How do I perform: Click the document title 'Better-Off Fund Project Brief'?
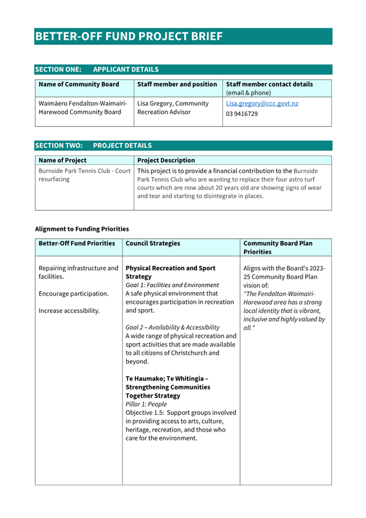tap(129, 36)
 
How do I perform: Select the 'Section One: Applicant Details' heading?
tap(97, 69)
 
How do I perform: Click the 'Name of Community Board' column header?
tap(79, 85)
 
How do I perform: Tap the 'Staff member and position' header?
tap(177, 85)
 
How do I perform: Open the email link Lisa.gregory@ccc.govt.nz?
tap(262, 104)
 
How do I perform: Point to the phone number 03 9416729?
tap(242, 114)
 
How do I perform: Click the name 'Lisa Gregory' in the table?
tap(157, 104)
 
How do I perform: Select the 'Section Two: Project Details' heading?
tap(93, 145)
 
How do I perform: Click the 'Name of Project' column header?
tap(62, 161)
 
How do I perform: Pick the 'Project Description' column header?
tap(166, 161)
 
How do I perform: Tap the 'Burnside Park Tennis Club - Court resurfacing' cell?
tap(84, 175)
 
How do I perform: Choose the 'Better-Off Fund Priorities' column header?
tap(77, 244)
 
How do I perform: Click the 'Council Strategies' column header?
tap(153, 244)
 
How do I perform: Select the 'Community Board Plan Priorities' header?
tap(278, 247)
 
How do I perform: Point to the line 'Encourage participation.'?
tap(74, 293)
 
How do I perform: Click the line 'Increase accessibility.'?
tap(69, 311)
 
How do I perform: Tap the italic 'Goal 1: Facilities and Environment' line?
tap(172, 285)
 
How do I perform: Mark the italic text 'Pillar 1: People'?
tap(146, 404)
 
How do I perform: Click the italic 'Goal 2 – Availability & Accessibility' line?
tap(172, 327)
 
